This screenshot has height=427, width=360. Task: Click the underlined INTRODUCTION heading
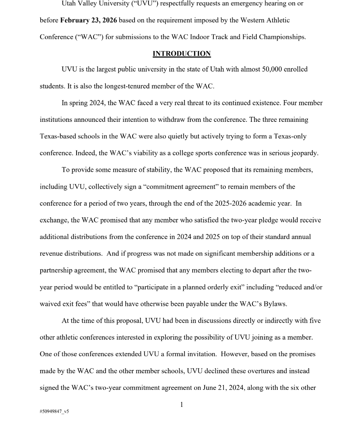click(182, 54)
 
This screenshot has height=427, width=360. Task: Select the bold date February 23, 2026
click(89, 20)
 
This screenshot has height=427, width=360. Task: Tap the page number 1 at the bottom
click(182, 405)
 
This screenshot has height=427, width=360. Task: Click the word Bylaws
click(274, 304)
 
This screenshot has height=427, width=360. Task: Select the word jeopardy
click(304, 153)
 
